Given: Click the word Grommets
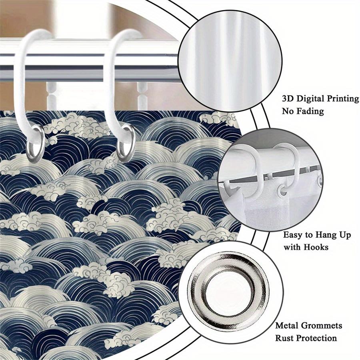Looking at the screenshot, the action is pyautogui.click(x=322, y=325).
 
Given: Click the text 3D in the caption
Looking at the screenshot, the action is pyautogui.click(x=288, y=99).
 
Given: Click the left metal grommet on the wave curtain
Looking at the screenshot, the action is pyautogui.click(x=35, y=144).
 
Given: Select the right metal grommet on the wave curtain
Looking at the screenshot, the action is pyautogui.click(x=126, y=143).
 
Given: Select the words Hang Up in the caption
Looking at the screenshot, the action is pyautogui.click(x=333, y=235).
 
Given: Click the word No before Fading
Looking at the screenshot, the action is pyautogui.click(x=288, y=111).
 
